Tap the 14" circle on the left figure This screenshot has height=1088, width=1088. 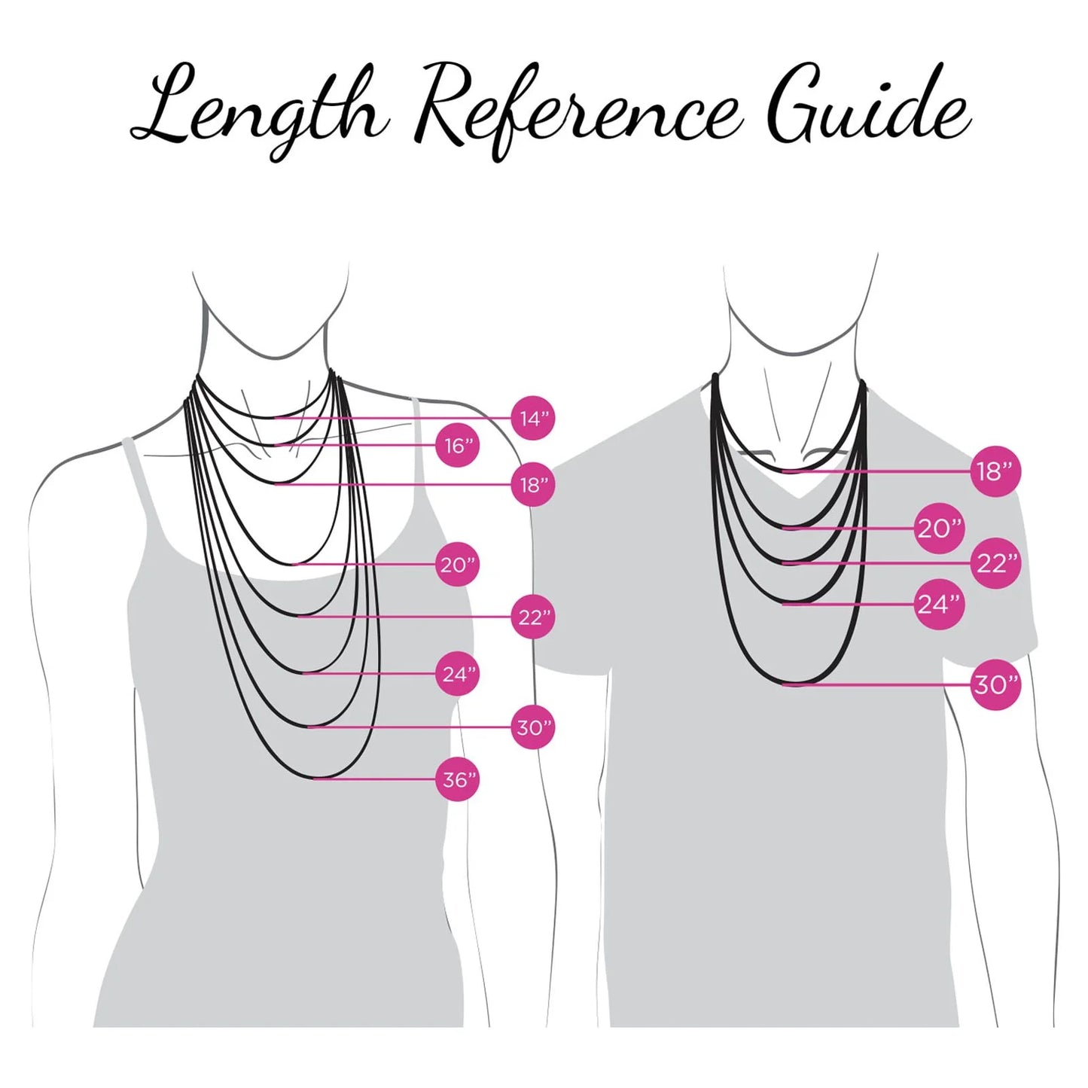point(533,419)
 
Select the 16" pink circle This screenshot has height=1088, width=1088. point(457,446)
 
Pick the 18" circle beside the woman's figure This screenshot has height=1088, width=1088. point(533,484)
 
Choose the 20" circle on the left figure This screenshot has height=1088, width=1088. point(457,564)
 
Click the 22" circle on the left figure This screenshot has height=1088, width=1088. point(533,617)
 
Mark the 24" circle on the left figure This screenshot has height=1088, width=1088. point(457,674)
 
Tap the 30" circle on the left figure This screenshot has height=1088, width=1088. point(533,727)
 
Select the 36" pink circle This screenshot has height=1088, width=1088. point(457,780)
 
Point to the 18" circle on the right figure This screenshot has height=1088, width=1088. point(997,471)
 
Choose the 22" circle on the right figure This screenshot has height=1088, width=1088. point(997,563)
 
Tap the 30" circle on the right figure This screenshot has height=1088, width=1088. point(997,685)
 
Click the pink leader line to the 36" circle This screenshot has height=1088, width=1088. point(375,780)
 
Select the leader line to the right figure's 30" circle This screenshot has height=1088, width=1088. point(877,685)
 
